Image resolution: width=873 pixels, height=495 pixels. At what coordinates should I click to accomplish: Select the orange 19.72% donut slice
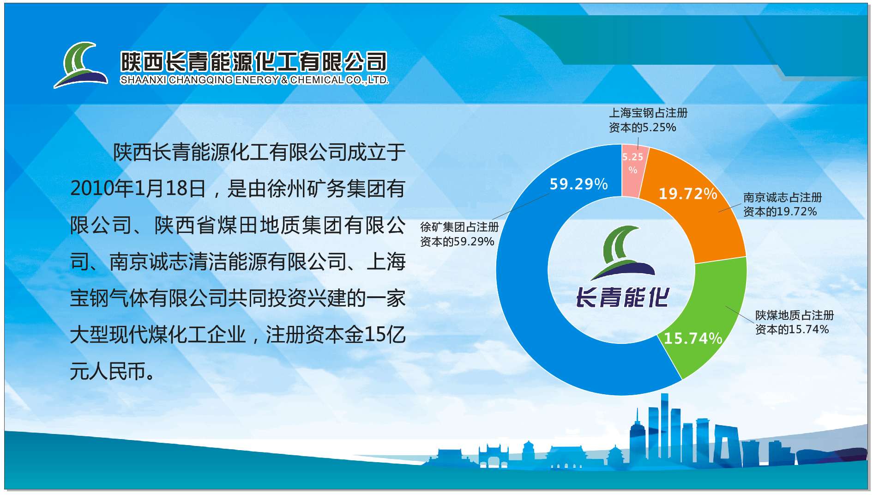point(702,217)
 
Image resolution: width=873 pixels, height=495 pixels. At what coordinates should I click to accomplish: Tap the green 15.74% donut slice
point(711,319)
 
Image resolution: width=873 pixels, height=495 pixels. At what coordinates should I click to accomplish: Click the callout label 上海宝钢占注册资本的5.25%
point(648,120)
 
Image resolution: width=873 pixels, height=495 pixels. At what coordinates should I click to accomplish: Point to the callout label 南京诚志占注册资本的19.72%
point(783,204)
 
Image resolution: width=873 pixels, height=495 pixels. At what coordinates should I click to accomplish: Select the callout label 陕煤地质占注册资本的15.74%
point(795,322)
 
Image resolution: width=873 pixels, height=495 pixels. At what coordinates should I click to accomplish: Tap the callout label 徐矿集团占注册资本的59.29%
point(459,234)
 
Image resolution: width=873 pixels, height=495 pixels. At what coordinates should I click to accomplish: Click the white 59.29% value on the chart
point(578,184)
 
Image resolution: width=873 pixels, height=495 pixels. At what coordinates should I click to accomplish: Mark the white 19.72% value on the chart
point(688,194)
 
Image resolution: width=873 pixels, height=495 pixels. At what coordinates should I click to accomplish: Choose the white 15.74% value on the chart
point(693,338)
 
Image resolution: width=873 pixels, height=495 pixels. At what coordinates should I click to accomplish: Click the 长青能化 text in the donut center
point(622,297)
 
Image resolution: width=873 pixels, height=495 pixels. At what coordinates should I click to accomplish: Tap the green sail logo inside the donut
point(622,252)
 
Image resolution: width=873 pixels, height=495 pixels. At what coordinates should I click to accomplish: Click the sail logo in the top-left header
point(81,65)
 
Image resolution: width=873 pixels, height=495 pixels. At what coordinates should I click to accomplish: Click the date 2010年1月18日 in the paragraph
point(138,189)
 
